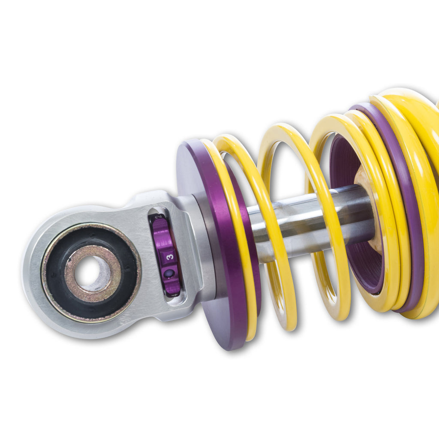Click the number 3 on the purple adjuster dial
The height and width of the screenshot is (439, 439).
pyautogui.click(x=170, y=257)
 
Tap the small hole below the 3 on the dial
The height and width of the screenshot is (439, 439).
pyautogui.click(x=169, y=274)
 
